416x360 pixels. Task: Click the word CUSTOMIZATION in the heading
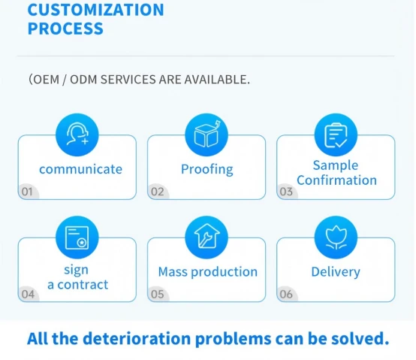[96, 10]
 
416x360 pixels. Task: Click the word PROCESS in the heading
[65, 29]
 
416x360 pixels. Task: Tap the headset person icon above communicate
[77, 134]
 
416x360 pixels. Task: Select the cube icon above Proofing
[206, 134]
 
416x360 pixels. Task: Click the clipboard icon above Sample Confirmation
[336, 135]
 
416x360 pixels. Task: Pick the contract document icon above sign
[77, 237]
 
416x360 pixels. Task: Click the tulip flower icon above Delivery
[336, 237]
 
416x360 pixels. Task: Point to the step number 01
[27, 192]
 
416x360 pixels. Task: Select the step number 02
[158, 192]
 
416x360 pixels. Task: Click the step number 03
[286, 192]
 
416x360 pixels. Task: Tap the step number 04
[28, 294]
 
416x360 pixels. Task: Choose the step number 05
[158, 294]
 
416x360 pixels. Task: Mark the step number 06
[286, 294]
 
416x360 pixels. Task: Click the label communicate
[80, 169]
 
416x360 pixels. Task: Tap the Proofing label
[207, 169]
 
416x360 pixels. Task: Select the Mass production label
[208, 272]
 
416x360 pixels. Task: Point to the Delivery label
[336, 272]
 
